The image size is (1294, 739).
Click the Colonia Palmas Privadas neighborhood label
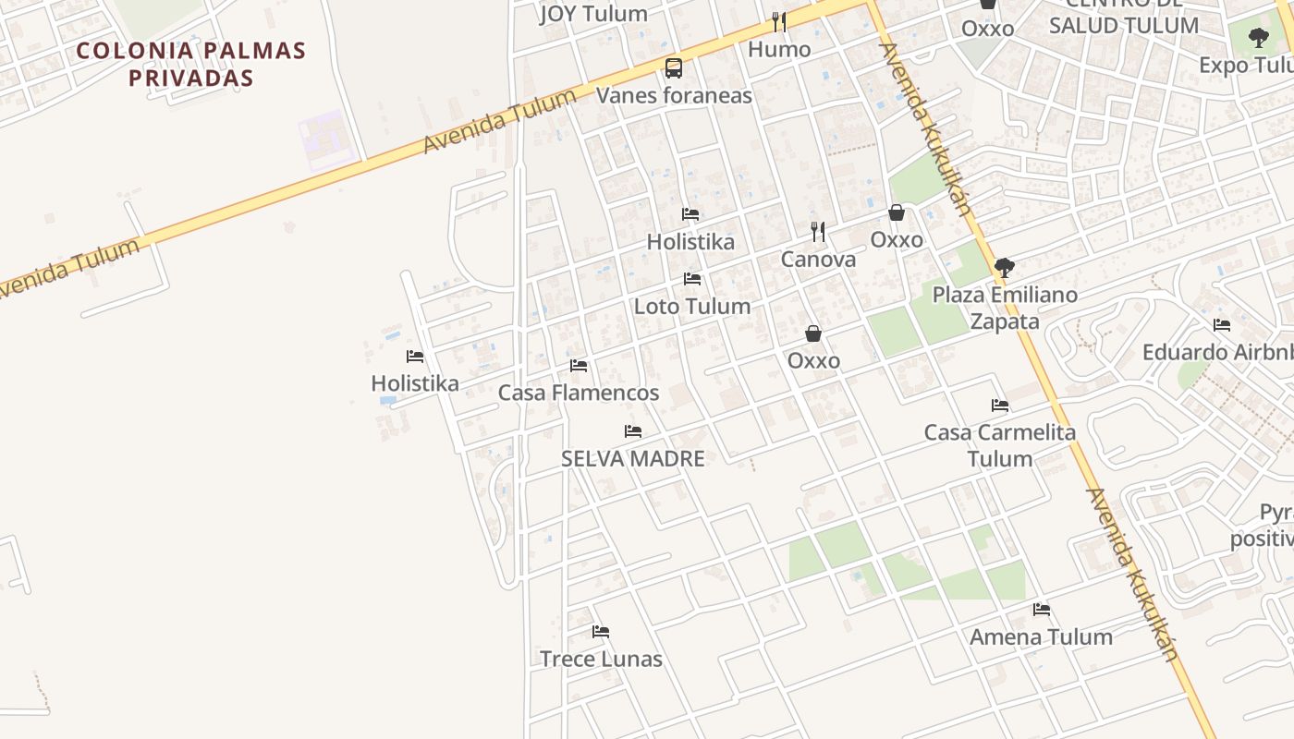click(x=190, y=64)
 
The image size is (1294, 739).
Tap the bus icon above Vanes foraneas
click(x=674, y=68)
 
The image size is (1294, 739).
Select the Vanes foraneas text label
click(x=674, y=95)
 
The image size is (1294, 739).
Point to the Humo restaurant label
click(x=779, y=49)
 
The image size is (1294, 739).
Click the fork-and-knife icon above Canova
click(x=818, y=231)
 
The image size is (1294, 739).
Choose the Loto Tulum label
click(x=691, y=306)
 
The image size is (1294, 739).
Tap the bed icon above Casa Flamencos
click(x=579, y=366)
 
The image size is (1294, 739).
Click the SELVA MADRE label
click(x=633, y=458)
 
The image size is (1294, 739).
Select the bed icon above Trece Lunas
click(x=601, y=632)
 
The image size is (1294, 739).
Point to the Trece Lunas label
click(x=601, y=659)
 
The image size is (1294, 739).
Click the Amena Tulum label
click(x=1041, y=636)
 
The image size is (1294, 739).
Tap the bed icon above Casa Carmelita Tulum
click(x=999, y=406)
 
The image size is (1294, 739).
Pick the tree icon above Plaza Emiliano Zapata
click(x=1004, y=268)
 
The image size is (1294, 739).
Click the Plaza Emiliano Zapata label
click(x=1005, y=308)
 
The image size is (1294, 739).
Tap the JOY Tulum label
click(x=593, y=14)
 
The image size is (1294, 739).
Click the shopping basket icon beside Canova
click(x=896, y=212)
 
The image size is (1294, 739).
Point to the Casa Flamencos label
click(x=579, y=393)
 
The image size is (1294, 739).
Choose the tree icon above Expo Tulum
click(x=1258, y=38)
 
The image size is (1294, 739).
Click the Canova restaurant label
click(x=818, y=260)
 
